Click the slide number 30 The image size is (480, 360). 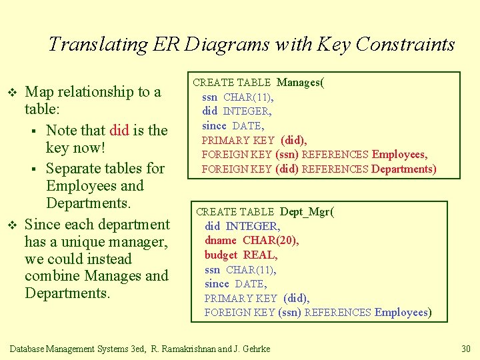466,349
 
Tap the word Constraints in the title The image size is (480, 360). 405,45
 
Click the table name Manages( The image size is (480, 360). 301,83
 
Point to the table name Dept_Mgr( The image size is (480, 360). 307,211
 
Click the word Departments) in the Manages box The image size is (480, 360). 404,169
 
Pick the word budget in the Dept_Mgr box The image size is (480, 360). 221,255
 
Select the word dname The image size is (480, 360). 221,240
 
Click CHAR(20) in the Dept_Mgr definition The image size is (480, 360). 271,240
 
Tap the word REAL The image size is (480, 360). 261,255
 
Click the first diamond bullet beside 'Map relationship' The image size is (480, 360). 11,92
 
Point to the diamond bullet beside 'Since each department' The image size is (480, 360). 11,225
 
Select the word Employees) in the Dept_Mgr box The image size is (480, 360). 403,312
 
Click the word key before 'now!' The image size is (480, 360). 58,147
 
